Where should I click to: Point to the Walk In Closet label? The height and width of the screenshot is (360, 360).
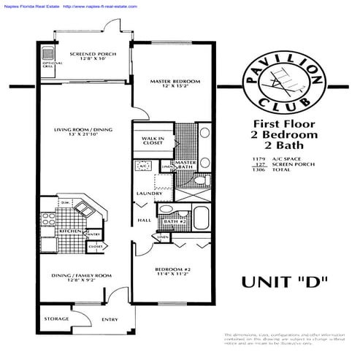pyautogui.click(x=153, y=140)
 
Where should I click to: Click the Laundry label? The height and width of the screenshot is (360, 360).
pyautogui.click(x=150, y=194)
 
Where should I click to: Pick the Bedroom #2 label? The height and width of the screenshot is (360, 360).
pyautogui.click(x=172, y=272)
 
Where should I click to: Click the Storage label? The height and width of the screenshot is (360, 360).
pyautogui.click(x=56, y=319)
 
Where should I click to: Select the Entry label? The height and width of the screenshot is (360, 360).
pyautogui.click(x=110, y=319)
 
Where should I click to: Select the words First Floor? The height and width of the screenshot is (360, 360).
pyautogui.click(x=285, y=123)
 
